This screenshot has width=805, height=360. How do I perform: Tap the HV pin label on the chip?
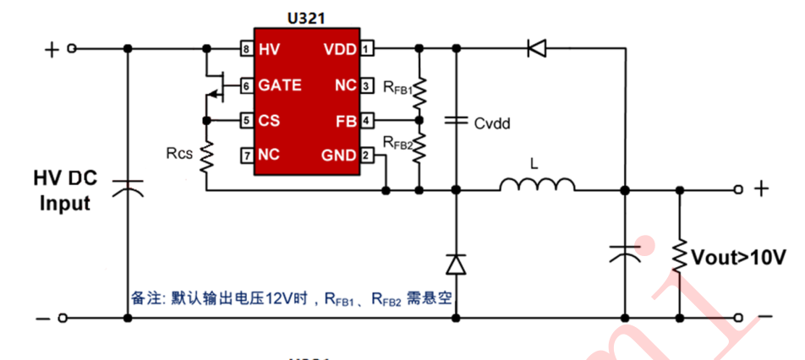pos(269,49)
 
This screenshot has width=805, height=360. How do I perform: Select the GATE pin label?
pos(279,85)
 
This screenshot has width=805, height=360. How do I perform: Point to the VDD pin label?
pos(340,49)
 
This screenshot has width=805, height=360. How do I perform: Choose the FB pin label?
pos(345,121)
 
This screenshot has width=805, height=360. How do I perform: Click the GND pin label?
pos(339,155)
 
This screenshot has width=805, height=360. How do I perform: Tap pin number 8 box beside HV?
pos(246,49)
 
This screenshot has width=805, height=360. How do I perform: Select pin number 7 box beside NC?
pos(246,155)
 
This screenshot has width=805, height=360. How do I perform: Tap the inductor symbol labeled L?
pos(537,185)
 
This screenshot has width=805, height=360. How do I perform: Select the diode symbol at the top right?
pos(536,49)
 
